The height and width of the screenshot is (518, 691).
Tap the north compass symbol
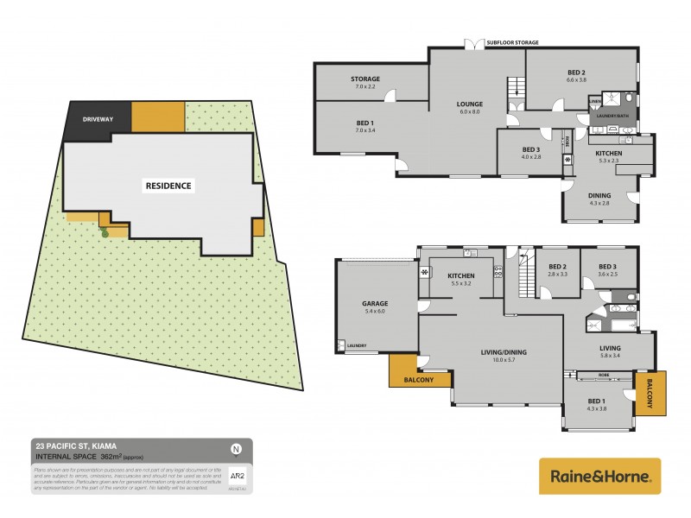coord(236,448)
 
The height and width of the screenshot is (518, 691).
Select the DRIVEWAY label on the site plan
coord(98,118)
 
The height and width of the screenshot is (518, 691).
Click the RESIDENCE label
coord(168,186)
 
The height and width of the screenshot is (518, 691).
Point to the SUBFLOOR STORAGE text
coord(513,41)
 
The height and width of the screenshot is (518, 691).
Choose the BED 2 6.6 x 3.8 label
coord(577,74)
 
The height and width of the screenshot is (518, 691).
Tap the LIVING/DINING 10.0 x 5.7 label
coord(504,356)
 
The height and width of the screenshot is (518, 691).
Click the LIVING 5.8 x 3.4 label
coord(612,351)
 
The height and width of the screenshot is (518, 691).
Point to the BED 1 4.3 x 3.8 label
coord(596,406)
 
